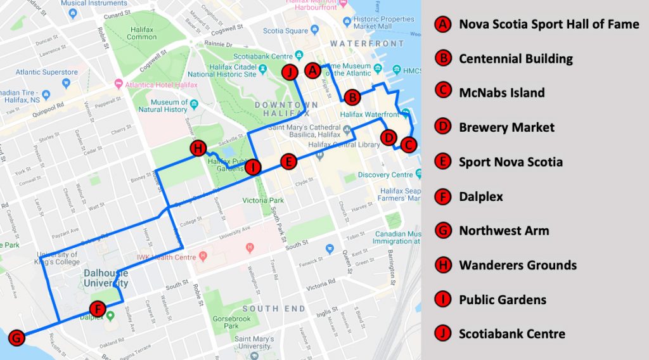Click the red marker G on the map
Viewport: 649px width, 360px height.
tap(17, 338)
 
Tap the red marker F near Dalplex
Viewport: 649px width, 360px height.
tap(97, 309)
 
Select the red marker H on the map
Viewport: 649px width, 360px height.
tap(198, 149)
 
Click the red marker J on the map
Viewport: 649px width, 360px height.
tap(290, 72)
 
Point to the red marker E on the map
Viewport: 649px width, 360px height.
tap(288, 162)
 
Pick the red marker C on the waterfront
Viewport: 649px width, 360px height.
tap(408, 145)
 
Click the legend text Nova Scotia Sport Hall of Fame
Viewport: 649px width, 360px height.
tap(549, 25)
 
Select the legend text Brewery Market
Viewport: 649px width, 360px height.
tap(506, 127)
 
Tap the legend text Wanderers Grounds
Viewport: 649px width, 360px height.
tap(517, 265)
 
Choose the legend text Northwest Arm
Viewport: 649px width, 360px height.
tap(504, 231)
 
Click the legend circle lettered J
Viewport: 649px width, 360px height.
tap(443, 333)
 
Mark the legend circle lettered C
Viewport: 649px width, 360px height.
tap(443, 93)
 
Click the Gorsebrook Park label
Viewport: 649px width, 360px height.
tap(222, 321)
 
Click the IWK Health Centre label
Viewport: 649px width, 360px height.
tap(166, 257)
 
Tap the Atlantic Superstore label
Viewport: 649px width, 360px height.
tap(46, 72)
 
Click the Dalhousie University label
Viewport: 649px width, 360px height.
tap(106, 278)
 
